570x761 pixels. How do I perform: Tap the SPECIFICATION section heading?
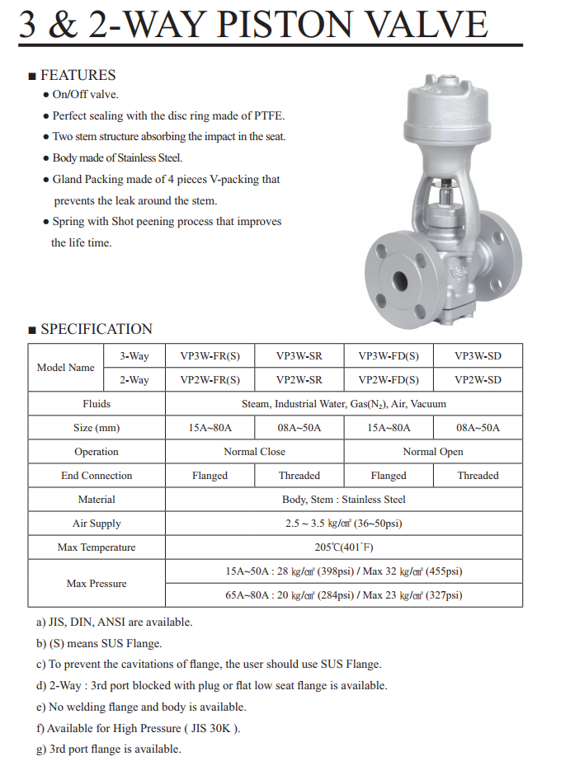tap(97, 329)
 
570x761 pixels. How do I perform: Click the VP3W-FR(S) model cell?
tap(210, 356)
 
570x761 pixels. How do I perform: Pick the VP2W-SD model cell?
tap(477, 380)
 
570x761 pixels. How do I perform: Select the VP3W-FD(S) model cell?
tap(389, 356)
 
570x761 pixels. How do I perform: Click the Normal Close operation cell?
tap(254, 452)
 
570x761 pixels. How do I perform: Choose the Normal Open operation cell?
tap(433, 452)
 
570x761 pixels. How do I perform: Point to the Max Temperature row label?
tap(97, 547)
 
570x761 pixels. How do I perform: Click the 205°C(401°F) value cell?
tap(343, 547)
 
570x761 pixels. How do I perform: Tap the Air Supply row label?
tap(97, 524)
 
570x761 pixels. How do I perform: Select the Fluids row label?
tap(97, 404)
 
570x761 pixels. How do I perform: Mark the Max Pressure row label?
tap(97, 584)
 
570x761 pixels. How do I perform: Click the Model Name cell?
tap(66, 368)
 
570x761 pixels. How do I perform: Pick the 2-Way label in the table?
tap(134, 380)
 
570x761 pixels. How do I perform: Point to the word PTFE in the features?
tap(269, 116)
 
